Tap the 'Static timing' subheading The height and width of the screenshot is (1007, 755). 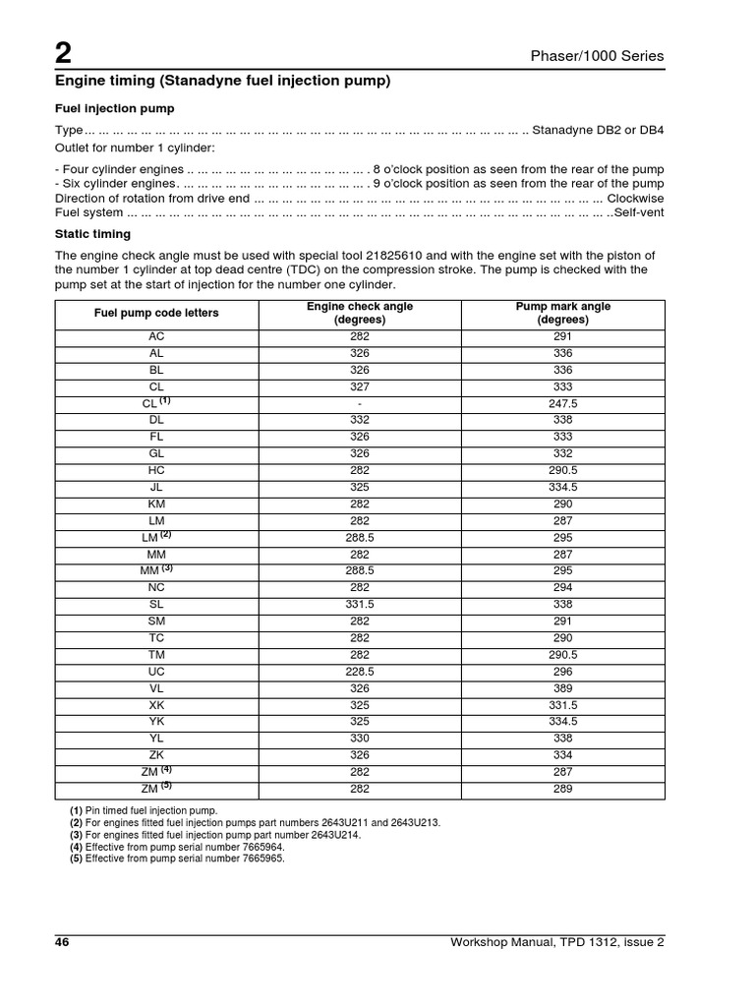point(89,234)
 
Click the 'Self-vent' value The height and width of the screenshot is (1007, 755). point(639,212)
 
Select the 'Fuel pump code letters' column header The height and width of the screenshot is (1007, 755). point(156,313)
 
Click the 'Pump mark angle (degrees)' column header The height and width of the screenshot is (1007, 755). point(563,313)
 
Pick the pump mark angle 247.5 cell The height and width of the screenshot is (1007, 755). point(563,403)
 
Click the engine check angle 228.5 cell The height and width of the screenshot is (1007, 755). point(360,672)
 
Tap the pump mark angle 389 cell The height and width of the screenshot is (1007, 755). point(563,687)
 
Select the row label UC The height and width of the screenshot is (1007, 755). point(156,672)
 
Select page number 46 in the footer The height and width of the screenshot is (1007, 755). point(62,943)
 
